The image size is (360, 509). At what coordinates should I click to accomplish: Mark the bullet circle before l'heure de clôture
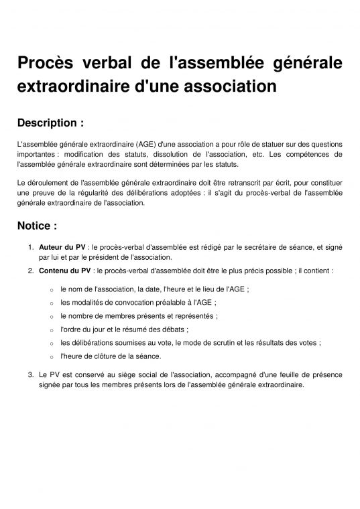click(x=52, y=357)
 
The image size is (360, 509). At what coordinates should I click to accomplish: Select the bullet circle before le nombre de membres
click(x=52, y=315)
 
